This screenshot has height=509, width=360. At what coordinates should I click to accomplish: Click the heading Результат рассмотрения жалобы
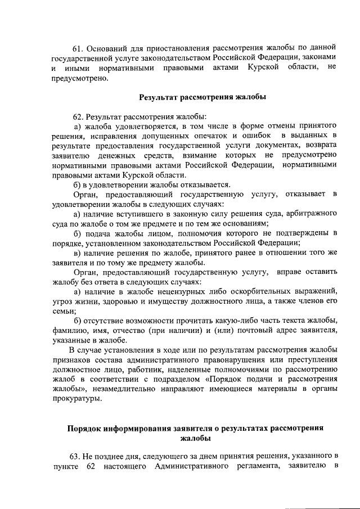pos(195,97)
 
